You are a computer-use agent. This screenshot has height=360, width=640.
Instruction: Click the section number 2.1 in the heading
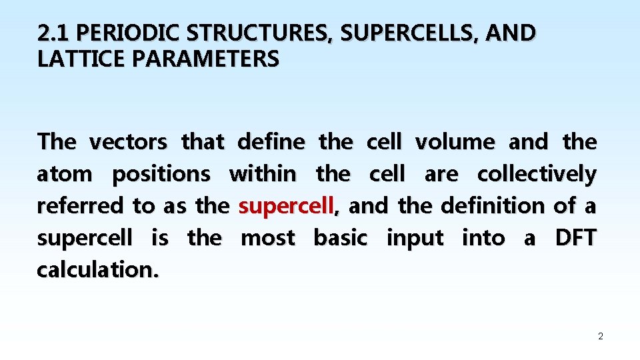(50, 33)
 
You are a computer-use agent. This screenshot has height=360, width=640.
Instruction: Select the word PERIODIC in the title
(117, 33)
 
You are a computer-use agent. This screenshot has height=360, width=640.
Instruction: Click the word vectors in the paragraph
(128, 142)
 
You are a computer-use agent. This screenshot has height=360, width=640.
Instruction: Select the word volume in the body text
(455, 142)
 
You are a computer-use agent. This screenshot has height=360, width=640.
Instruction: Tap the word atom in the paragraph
(65, 174)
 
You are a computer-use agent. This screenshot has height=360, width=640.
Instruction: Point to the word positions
(161, 174)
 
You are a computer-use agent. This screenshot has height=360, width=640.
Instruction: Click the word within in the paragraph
(262, 174)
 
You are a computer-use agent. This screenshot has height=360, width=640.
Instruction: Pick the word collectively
(537, 174)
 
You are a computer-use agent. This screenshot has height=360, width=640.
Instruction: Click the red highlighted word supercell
(286, 206)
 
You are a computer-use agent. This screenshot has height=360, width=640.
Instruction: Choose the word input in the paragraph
(415, 238)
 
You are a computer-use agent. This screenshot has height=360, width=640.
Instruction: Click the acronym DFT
(575, 238)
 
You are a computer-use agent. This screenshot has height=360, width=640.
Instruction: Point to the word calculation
(97, 270)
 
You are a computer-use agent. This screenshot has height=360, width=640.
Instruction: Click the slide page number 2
(600, 337)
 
